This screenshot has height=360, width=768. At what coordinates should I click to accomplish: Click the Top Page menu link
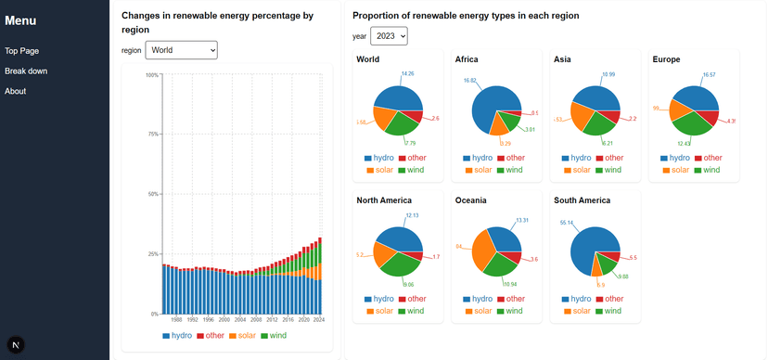(21, 51)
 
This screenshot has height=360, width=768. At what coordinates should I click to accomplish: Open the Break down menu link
(26, 71)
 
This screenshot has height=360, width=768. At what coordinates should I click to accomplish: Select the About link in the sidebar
(16, 91)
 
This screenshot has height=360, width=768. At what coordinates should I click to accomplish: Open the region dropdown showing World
(182, 49)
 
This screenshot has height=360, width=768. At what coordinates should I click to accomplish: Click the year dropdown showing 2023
(389, 36)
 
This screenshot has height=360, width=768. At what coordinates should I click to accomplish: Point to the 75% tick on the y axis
(153, 135)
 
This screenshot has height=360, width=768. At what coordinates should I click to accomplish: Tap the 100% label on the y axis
(151, 75)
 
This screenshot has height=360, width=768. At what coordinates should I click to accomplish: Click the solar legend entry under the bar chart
(246, 335)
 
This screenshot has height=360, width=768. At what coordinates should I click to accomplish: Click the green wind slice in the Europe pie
(697, 125)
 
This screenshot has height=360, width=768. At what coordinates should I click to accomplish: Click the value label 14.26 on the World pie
(408, 73)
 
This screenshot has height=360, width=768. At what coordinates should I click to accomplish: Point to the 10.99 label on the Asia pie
(608, 74)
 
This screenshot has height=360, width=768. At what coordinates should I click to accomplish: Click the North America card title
(384, 200)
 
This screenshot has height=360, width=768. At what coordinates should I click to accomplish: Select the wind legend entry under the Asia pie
(607, 170)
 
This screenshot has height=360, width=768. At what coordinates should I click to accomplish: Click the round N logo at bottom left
(17, 344)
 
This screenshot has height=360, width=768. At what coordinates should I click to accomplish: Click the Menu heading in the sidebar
(21, 20)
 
